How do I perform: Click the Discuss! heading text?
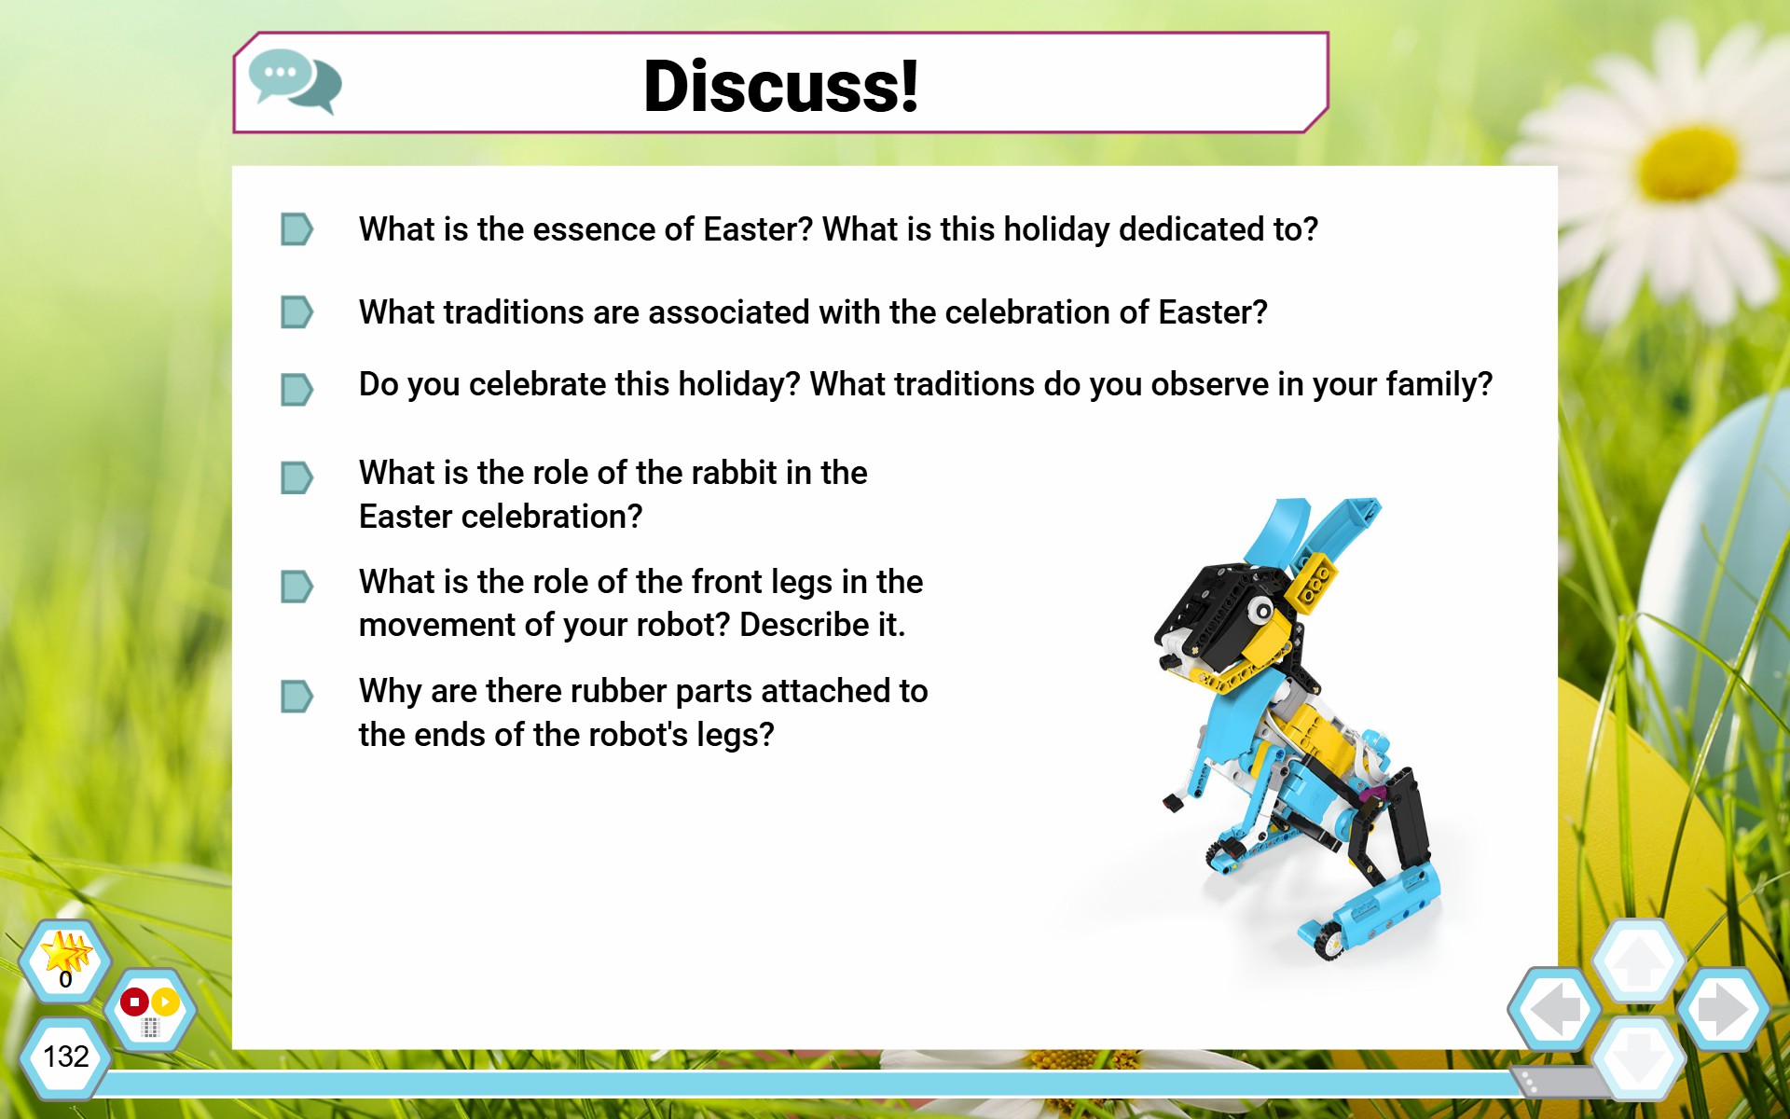pos(781,86)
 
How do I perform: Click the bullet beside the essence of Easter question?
pos(296,229)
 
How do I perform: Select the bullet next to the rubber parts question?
pos(296,697)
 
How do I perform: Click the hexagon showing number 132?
pos(65,1057)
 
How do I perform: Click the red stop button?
pos(134,1002)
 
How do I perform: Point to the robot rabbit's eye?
pos(1261,612)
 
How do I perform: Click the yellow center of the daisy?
pos(1688,164)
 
